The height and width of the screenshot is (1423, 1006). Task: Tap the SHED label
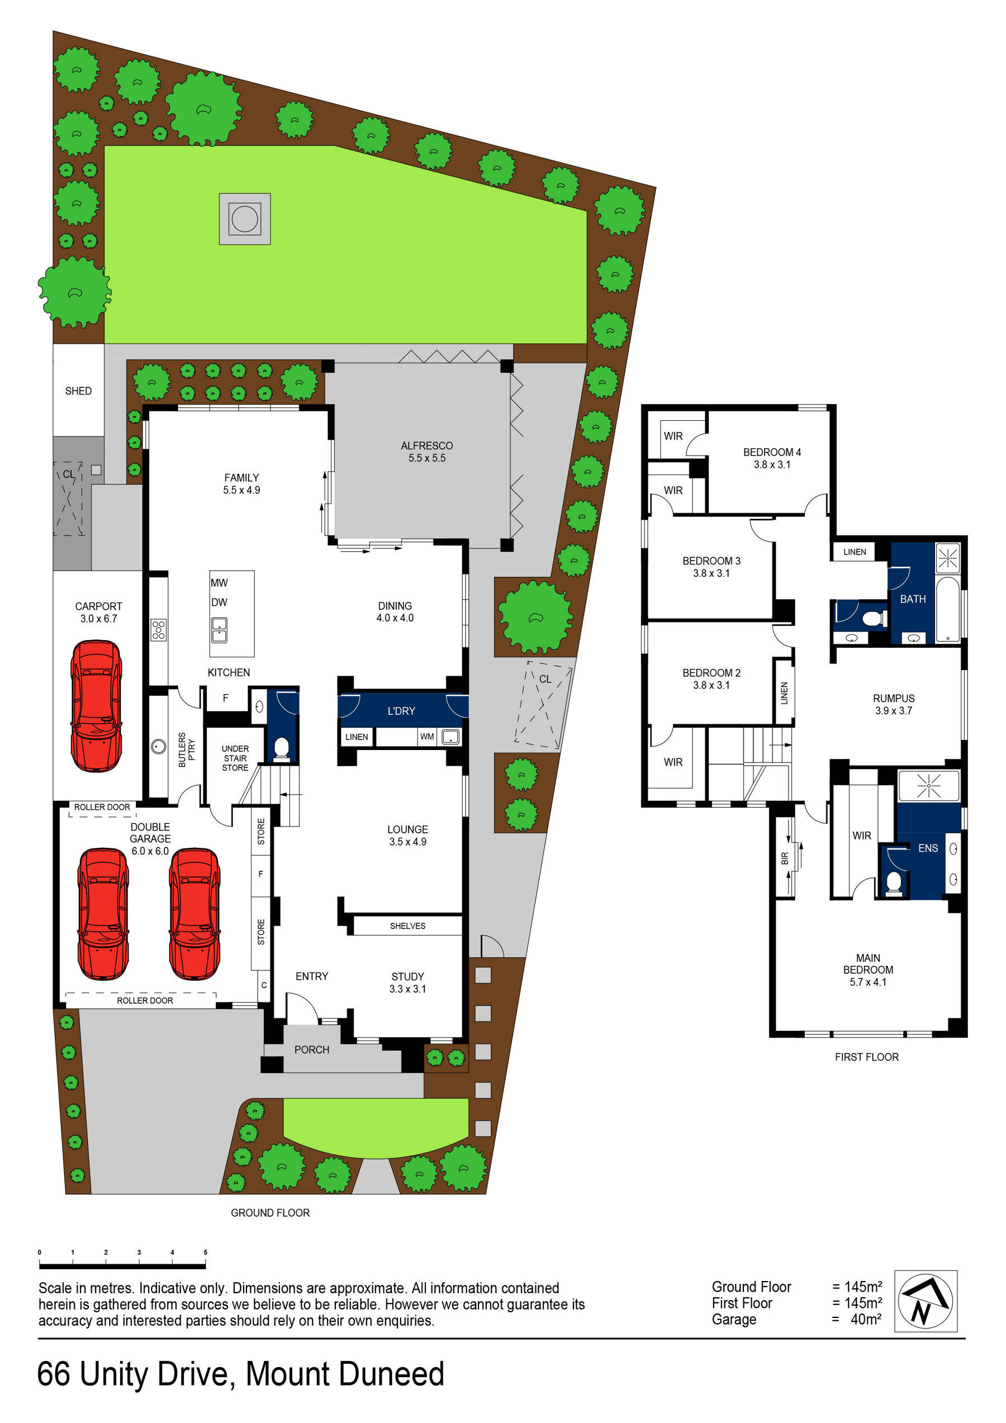78,391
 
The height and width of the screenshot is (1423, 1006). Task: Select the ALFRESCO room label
426,445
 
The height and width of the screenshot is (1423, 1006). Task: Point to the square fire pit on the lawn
244,218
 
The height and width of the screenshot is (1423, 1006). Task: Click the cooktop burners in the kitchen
159,629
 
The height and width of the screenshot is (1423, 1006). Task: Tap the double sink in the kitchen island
219,629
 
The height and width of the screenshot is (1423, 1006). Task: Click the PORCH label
312,1049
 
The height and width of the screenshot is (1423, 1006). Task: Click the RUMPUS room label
893,698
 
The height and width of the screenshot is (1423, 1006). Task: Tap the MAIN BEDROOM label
868,964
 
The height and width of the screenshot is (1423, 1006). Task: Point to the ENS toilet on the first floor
893,882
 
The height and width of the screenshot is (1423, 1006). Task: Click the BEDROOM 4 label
772,452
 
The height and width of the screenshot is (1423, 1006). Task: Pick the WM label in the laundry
426,736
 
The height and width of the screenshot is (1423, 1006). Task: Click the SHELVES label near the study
407,926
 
